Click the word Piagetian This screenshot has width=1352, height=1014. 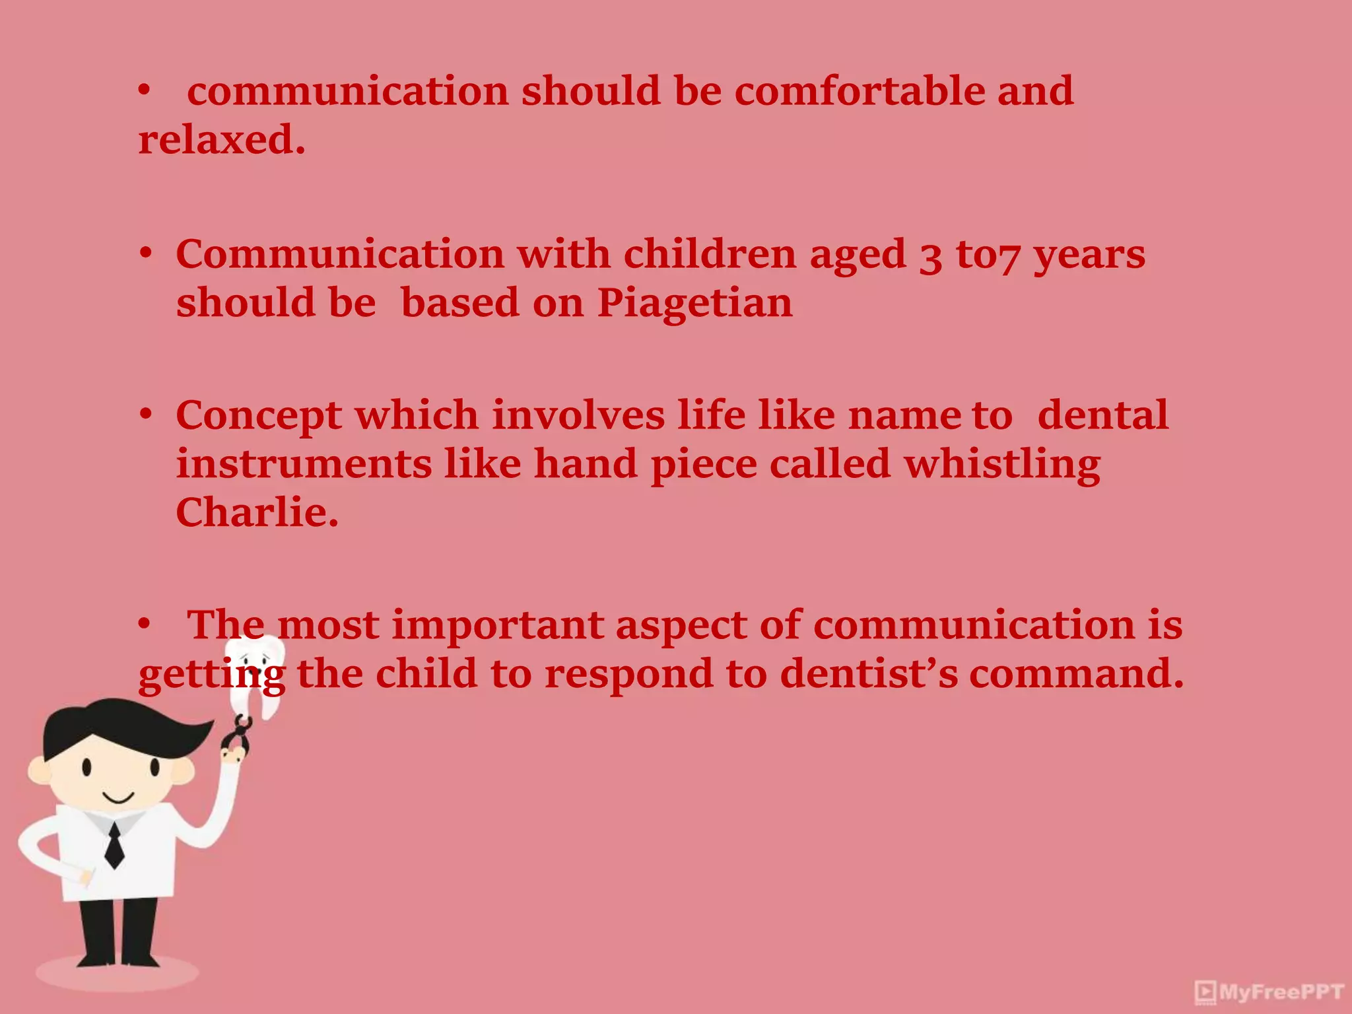694,304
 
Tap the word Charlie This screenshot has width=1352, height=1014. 257,513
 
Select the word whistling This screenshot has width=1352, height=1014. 1001,465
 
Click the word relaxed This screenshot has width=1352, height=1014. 221,140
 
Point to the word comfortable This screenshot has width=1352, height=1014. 859,91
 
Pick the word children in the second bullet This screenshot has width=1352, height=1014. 710,254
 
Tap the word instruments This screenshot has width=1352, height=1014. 304,464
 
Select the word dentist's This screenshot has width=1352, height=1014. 868,674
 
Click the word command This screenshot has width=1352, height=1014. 1076,674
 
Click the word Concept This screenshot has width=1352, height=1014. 259,417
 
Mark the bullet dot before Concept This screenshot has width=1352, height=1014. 146,415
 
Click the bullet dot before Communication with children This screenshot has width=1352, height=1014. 146,253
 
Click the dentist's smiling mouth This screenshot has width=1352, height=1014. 119,799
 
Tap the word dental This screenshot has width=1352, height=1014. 1102,416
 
